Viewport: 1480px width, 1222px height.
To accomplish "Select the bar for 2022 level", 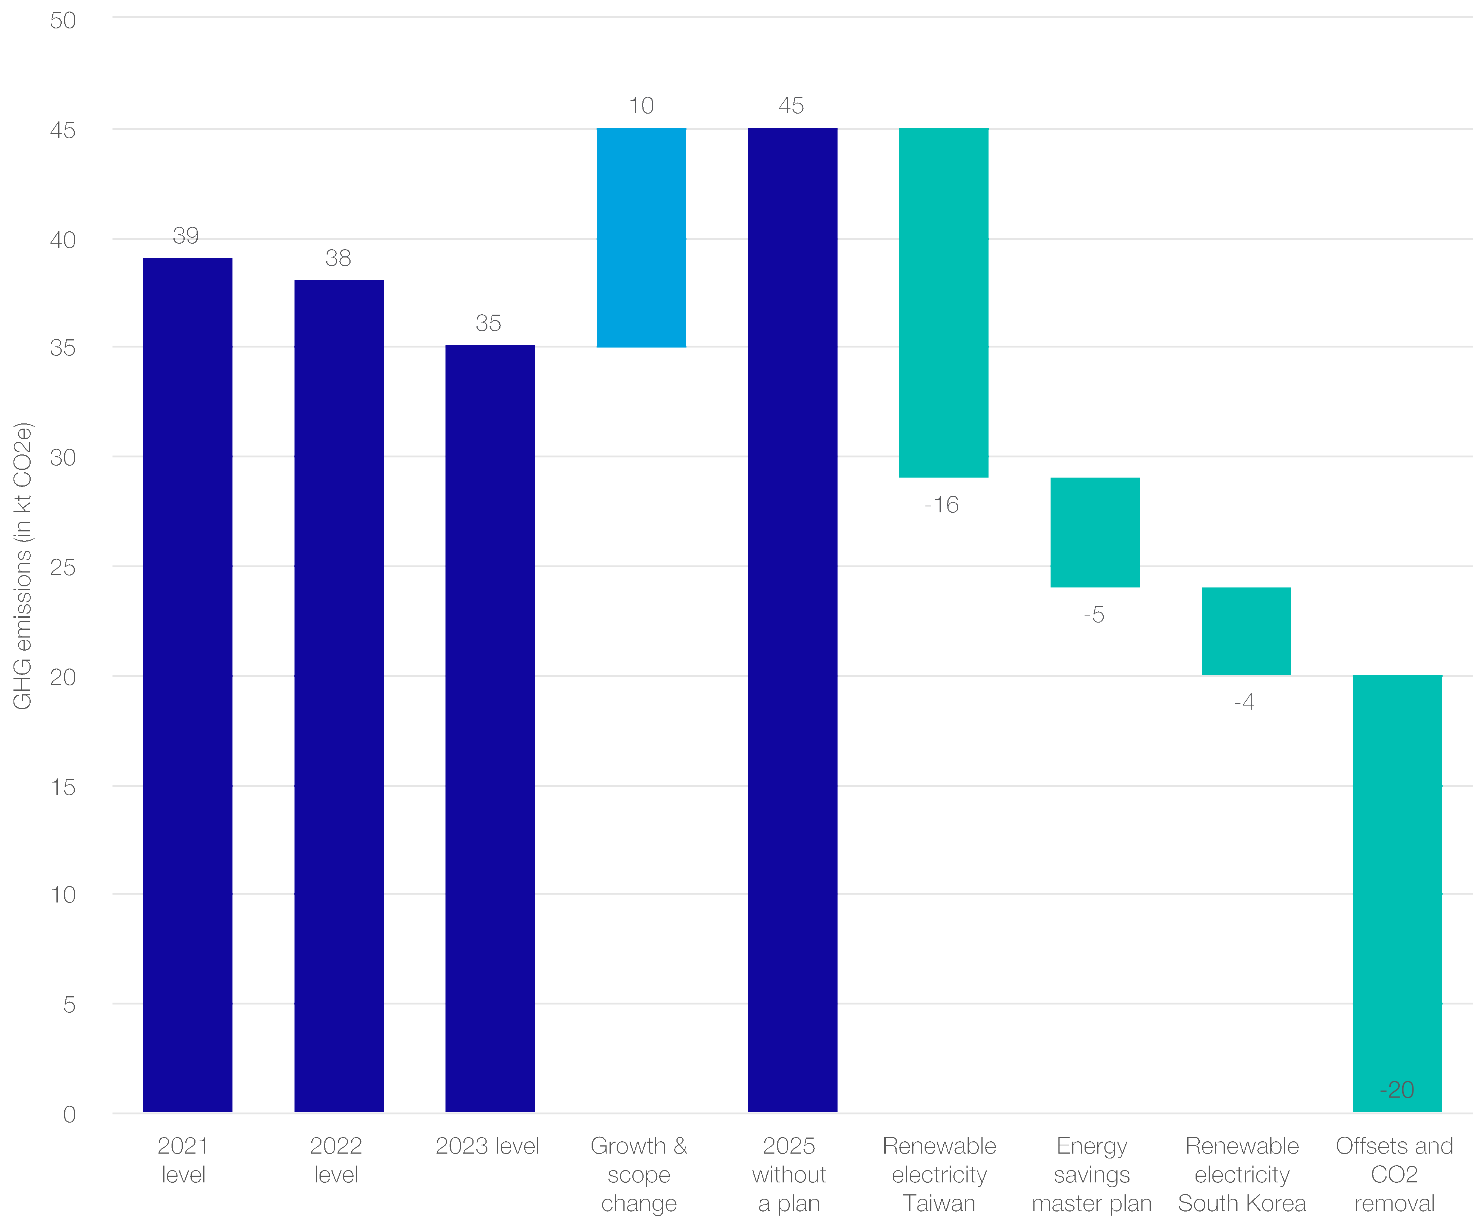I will coord(339,695).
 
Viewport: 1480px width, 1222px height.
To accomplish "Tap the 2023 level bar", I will coord(490,729).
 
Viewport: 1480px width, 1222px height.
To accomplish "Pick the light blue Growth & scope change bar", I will coord(641,237).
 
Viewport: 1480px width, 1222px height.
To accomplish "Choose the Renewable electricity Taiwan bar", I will coord(943,303).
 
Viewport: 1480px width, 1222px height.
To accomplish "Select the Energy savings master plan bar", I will coord(1095,532).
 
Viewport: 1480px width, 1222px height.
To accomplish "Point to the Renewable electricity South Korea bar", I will coord(1246,631).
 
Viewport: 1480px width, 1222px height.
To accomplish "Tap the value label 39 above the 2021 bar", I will coord(186,235).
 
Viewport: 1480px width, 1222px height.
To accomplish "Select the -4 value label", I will coord(1244,702).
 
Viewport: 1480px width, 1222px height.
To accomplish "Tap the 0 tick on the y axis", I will coord(69,1114).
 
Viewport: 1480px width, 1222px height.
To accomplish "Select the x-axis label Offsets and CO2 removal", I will coord(1394,1174).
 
